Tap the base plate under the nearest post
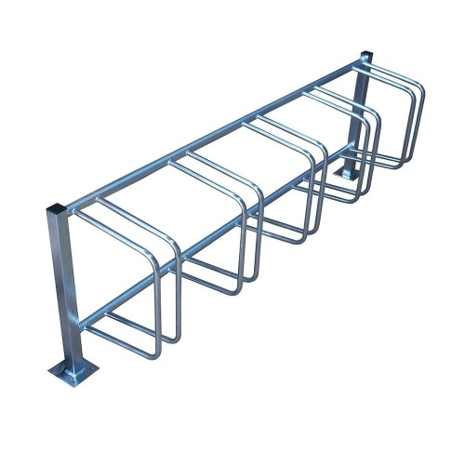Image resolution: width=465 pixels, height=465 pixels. (x=73, y=373)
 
